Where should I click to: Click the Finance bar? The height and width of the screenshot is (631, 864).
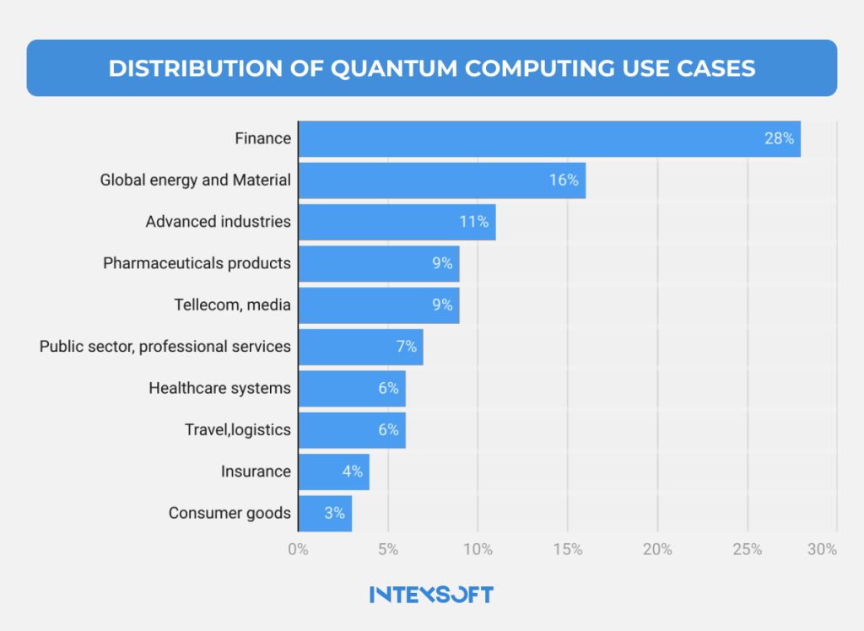coord(548,139)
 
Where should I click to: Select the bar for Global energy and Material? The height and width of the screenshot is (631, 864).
coord(441,181)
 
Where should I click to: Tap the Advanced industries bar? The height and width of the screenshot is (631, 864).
coord(397,222)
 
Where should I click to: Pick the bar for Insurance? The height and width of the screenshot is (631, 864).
coord(333,472)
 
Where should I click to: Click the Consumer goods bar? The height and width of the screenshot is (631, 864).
coord(325,513)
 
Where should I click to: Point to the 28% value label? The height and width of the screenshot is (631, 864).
coord(779,139)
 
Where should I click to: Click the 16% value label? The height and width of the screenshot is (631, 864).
coord(564,181)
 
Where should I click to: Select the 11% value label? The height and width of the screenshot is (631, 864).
coord(473,222)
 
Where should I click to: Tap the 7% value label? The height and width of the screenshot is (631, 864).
coord(407,347)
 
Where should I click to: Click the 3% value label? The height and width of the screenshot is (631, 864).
coord(335,513)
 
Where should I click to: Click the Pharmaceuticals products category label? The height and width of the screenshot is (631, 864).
coord(197,263)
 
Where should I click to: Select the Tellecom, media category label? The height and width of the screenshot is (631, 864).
coord(232,305)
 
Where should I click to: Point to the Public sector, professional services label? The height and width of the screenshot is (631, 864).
coord(165,347)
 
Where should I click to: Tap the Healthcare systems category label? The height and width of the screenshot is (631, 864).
coord(219,388)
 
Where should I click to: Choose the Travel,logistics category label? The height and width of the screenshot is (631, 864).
coord(238,429)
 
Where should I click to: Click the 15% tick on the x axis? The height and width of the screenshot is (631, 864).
coord(567,550)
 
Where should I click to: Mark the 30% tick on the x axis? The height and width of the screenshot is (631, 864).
coord(822,550)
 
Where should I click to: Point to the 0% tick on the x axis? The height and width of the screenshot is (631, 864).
coord(298,550)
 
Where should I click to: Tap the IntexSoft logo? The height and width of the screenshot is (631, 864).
coord(431,594)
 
